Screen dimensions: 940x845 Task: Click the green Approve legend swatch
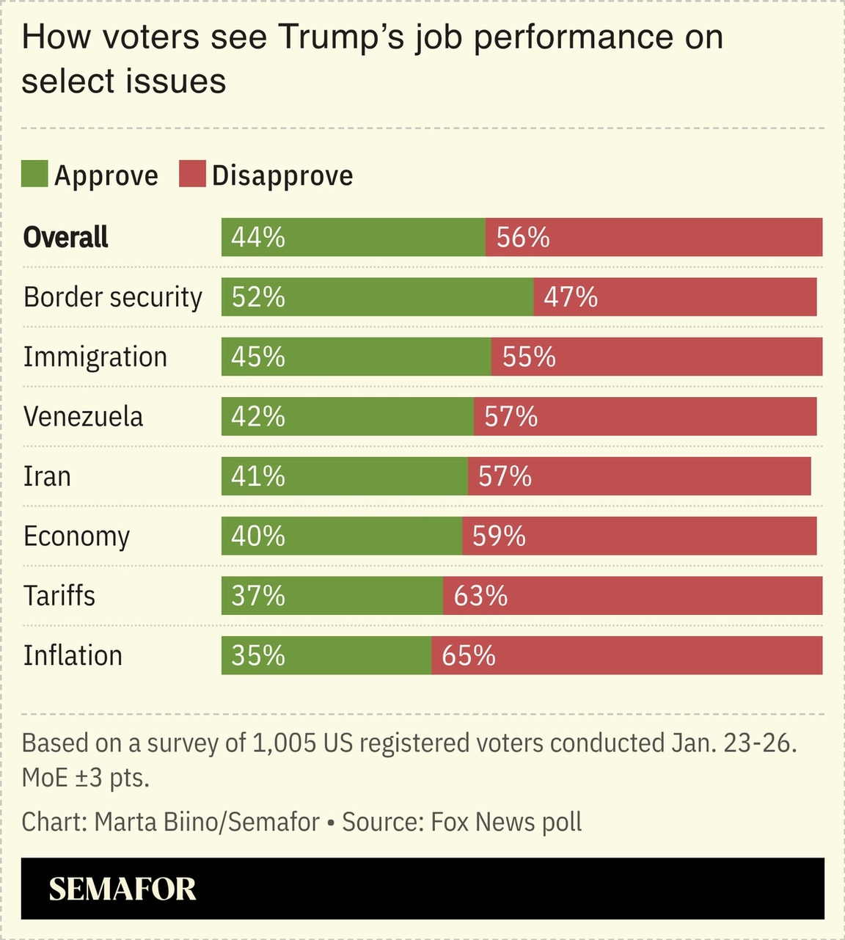tap(34, 174)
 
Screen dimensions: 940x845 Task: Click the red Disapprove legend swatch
tap(192, 174)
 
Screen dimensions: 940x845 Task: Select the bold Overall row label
tap(66, 237)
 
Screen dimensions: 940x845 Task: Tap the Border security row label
tap(113, 297)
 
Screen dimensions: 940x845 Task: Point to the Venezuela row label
tap(83, 417)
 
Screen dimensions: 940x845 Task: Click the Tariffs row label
tap(59, 596)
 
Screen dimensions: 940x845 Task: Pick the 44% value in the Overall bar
tap(258, 238)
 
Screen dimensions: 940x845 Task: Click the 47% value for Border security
tap(571, 297)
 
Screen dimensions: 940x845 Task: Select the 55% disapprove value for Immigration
tap(529, 357)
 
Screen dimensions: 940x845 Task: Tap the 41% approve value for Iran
tap(258, 477)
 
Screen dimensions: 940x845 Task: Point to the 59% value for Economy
tap(499, 536)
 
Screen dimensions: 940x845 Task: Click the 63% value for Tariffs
tap(480, 596)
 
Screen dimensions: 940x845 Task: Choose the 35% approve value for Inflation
tap(258, 655)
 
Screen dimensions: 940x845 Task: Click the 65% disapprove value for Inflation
tap(469, 655)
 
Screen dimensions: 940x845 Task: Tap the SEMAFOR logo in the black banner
tap(122, 889)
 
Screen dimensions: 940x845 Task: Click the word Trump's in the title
tap(341, 37)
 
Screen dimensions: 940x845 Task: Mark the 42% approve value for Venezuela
tap(258, 417)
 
